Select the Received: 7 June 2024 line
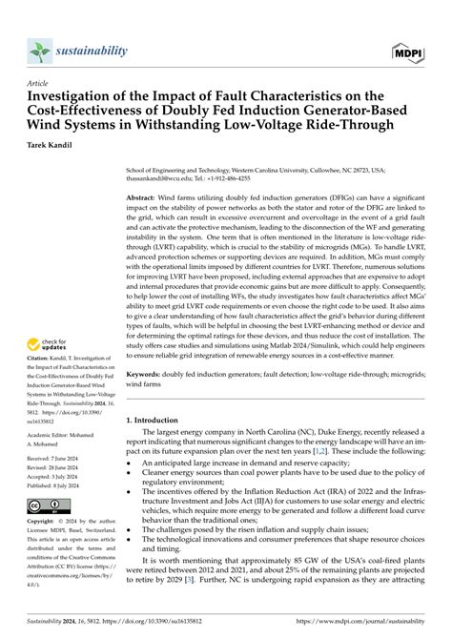pos(57,459)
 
